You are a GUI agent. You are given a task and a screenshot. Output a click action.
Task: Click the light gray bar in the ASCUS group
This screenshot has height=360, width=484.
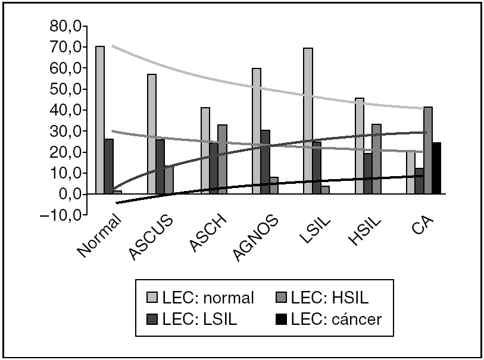152,134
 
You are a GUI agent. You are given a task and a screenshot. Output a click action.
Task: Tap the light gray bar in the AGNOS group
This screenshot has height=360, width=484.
256,132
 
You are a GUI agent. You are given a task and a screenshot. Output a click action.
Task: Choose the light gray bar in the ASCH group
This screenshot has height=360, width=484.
205,151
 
